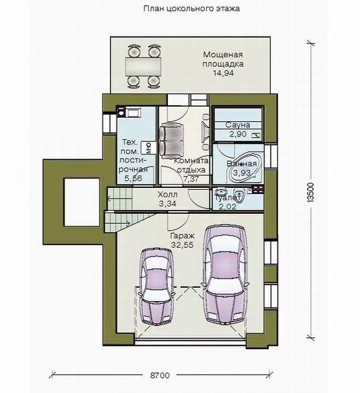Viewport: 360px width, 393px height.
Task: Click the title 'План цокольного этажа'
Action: pyautogui.click(x=191, y=9)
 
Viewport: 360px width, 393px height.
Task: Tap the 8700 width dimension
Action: pyautogui.click(x=160, y=375)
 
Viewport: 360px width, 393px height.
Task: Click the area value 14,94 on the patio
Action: pyautogui.click(x=223, y=73)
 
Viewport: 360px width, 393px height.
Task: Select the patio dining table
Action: pyautogui.click(x=143, y=66)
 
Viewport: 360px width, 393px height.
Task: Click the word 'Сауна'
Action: pyautogui.click(x=237, y=125)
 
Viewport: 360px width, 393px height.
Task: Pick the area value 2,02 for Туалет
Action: pyautogui.click(x=227, y=206)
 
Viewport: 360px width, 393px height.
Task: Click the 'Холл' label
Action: pyautogui.click(x=167, y=195)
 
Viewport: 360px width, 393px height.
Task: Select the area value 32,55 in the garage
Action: pyautogui.click(x=183, y=245)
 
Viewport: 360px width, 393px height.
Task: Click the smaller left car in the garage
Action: pyautogui.click(x=156, y=286)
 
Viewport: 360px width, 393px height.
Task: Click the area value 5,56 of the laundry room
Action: pyautogui.click(x=133, y=179)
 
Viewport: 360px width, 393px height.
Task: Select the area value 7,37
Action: pyautogui.click(x=191, y=179)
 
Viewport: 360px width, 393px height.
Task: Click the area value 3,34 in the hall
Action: pyautogui.click(x=167, y=204)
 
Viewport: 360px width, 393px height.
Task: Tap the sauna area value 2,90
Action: pyautogui.click(x=238, y=134)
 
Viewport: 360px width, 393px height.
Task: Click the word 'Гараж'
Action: pyautogui.click(x=183, y=236)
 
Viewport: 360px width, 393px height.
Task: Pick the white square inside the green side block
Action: pyautogui.click(x=82, y=202)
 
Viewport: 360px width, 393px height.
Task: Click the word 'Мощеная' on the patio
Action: pyautogui.click(x=223, y=55)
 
